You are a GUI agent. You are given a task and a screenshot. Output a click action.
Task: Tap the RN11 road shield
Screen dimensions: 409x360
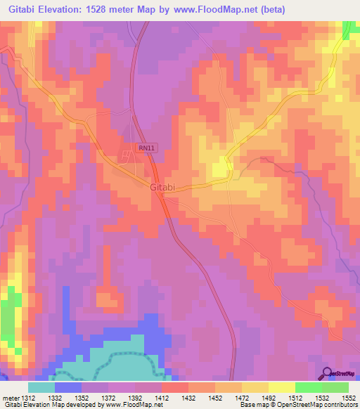[146, 148]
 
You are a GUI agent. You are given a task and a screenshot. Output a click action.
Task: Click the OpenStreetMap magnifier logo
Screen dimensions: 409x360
[328, 373]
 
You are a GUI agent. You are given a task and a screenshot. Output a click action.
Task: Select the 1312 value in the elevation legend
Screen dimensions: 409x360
[29, 397]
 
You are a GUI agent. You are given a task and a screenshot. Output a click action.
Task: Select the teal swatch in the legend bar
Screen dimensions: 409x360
[41, 387]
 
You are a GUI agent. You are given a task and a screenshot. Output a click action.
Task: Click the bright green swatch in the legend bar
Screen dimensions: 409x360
[308, 387]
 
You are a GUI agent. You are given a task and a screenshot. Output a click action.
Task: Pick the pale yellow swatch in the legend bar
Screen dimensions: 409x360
[281, 387]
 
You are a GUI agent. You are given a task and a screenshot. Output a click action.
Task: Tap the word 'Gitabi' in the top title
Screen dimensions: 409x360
[24, 9]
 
